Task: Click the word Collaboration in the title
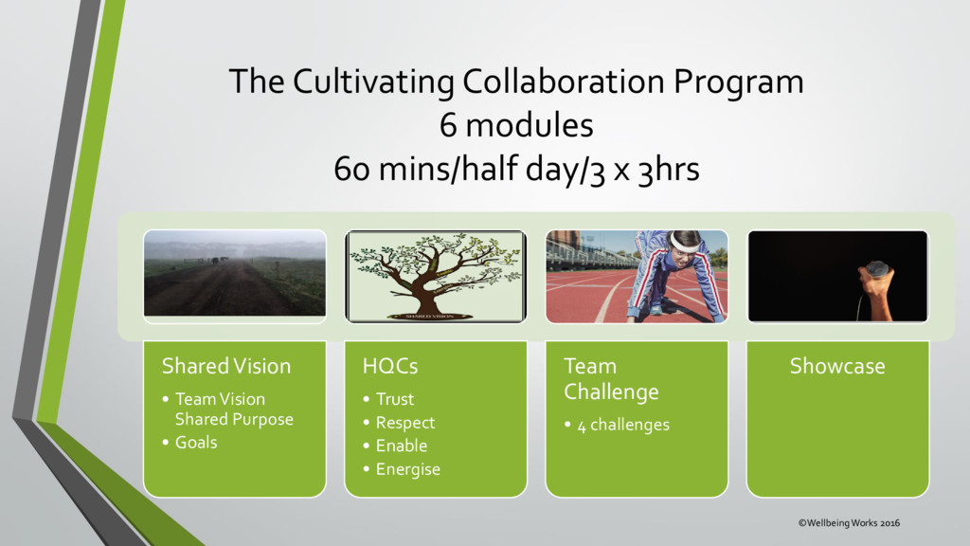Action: (x=563, y=82)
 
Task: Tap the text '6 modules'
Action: (x=516, y=125)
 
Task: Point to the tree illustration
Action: (x=436, y=276)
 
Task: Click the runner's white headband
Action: (x=682, y=242)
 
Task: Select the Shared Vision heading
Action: (x=226, y=366)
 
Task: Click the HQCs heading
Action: (x=390, y=366)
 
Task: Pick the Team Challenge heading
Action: (x=611, y=379)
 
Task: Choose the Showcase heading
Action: (x=837, y=366)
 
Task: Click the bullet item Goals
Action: (x=196, y=443)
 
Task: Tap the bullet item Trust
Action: (x=395, y=399)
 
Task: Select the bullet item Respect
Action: (x=405, y=423)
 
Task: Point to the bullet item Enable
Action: (x=402, y=446)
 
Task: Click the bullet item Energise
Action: (x=408, y=469)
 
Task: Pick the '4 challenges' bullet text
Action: (x=623, y=426)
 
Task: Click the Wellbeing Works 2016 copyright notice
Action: (x=849, y=523)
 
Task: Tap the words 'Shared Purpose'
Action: (x=234, y=420)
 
